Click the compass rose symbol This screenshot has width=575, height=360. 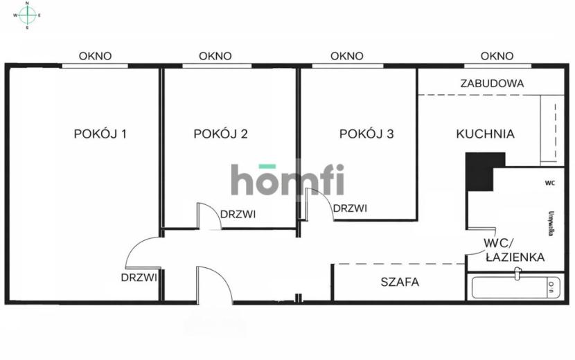[27, 15]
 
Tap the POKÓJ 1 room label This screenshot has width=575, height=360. [100, 134]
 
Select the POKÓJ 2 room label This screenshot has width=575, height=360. [221, 134]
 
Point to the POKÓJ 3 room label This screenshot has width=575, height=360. [366, 134]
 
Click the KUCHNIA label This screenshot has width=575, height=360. [485, 134]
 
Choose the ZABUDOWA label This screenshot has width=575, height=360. [492, 83]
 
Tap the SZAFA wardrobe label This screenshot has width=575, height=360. [400, 282]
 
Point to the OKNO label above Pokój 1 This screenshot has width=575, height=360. [95, 56]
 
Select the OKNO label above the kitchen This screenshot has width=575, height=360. [497, 56]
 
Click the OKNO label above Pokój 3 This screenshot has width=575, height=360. [347, 56]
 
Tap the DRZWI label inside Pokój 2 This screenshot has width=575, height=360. [238, 214]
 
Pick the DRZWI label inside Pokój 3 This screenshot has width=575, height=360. [351, 208]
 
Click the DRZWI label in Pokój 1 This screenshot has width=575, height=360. [139, 278]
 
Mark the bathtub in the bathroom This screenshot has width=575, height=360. [515, 287]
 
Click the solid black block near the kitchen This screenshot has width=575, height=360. [479, 172]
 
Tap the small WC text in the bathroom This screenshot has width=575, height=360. [549, 183]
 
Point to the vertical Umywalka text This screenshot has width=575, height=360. [551, 223]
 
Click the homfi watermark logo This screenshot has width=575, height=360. [287, 179]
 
